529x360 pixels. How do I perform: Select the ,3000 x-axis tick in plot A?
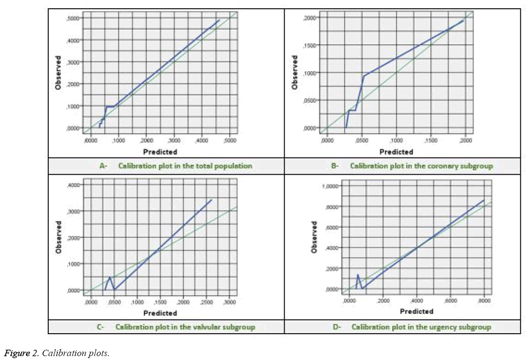click(174, 141)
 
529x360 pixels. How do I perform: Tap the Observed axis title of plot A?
click(58, 73)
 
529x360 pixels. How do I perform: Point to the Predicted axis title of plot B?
click(396, 152)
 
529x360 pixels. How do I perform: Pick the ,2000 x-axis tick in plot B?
click(465, 141)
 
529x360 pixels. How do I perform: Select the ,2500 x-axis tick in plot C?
click(206, 303)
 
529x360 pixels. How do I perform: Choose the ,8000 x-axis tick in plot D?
click(484, 302)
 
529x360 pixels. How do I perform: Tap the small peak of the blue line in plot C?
click(110, 277)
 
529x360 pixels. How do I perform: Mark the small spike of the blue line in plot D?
click(358, 275)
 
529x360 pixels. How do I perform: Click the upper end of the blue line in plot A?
click(219, 20)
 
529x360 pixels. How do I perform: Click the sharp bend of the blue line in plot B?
click(364, 75)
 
